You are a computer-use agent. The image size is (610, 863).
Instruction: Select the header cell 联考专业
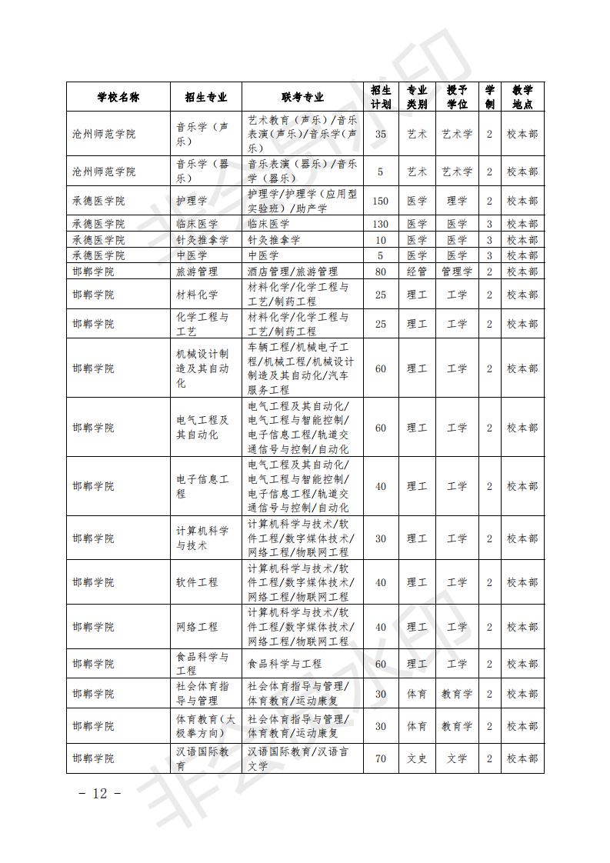coord(302,97)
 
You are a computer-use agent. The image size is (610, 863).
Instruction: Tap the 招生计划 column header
coord(380,97)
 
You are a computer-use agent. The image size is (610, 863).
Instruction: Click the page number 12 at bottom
coord(100,794)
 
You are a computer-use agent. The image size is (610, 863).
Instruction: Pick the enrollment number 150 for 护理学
coord(380,201)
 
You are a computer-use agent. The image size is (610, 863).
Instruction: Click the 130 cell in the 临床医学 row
coord(380,224)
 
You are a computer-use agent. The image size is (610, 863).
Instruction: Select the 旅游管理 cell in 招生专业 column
coord(197,272)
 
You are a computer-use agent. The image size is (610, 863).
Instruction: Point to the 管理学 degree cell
coord(457,272)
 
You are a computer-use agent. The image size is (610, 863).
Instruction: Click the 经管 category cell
coord(417,272)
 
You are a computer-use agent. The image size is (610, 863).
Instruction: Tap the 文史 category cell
coord(417,758)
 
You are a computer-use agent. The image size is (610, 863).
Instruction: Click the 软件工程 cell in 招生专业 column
coord(197,582)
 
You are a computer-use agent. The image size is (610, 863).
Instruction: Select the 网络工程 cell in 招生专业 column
coord(197,627)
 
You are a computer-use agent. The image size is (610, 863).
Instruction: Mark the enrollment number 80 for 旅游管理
coord(380,272)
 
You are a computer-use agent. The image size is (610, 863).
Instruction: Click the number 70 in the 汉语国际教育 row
coord(380,758)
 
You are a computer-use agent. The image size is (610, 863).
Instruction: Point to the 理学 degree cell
coord(457,201)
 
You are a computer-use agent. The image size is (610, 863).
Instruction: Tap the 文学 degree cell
coord(457,758)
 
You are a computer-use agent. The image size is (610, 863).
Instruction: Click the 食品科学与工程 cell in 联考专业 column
coord(285,663)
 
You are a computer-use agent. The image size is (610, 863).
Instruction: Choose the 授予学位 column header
coord(457,97)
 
